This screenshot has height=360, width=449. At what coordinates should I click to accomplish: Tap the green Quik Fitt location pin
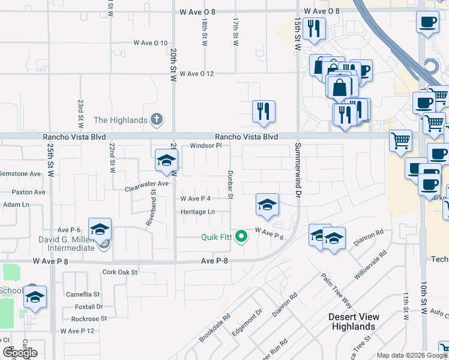[x=241, y=236]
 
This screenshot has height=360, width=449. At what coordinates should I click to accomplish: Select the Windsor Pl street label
[x=206, y=146]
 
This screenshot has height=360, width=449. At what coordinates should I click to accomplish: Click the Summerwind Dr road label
[x=297, y=170]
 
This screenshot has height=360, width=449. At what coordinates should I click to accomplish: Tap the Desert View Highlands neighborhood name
[x=352, y=322]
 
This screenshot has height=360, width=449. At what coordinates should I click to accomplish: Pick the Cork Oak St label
[x=120, y=272]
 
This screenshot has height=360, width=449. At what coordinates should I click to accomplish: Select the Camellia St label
[x=83, y=295]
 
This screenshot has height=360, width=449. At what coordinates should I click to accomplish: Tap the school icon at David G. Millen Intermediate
[x=100, y=229]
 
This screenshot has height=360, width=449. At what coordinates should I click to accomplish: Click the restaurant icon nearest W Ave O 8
[x=314, y=28]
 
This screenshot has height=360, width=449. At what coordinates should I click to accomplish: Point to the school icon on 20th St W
[x=166, y=160]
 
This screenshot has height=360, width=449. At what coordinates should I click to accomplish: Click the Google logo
[x=20, y=353]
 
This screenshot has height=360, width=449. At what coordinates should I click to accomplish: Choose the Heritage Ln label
[x=197, y=212]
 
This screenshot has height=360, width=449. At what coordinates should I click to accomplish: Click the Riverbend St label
[x=151, y=209]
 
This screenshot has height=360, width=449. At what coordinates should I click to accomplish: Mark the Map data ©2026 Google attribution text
[x=412, y=355]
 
